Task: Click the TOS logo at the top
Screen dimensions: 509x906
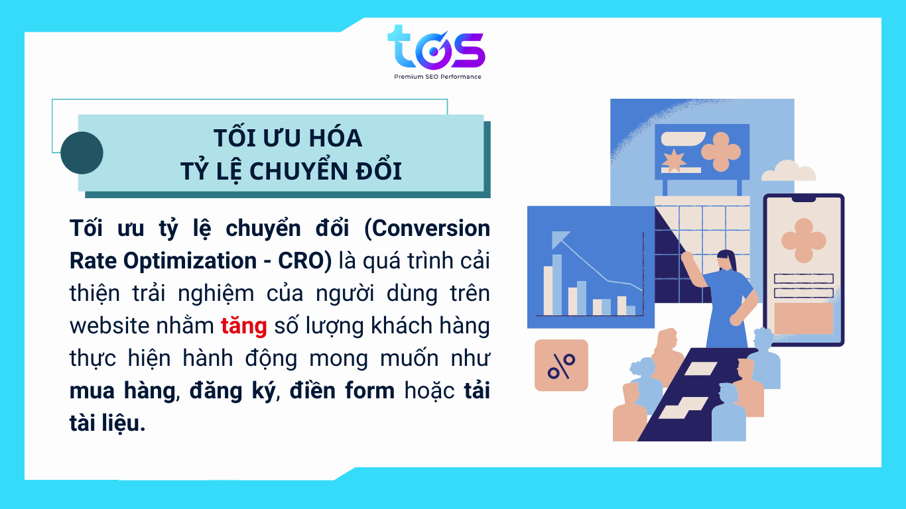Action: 436,48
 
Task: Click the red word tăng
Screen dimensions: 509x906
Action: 243,326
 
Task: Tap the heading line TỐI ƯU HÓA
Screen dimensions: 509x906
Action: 287,138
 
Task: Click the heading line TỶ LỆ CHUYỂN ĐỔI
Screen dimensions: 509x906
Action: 291,171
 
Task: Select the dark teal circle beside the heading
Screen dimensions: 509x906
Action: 82,152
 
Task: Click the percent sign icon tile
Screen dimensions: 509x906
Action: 561,365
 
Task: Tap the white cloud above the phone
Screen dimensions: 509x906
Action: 787,172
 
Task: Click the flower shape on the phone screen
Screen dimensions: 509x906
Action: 803,240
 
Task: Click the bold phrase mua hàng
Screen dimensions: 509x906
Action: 123,391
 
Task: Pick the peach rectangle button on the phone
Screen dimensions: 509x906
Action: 803,319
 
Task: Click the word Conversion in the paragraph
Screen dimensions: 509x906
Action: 430,229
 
